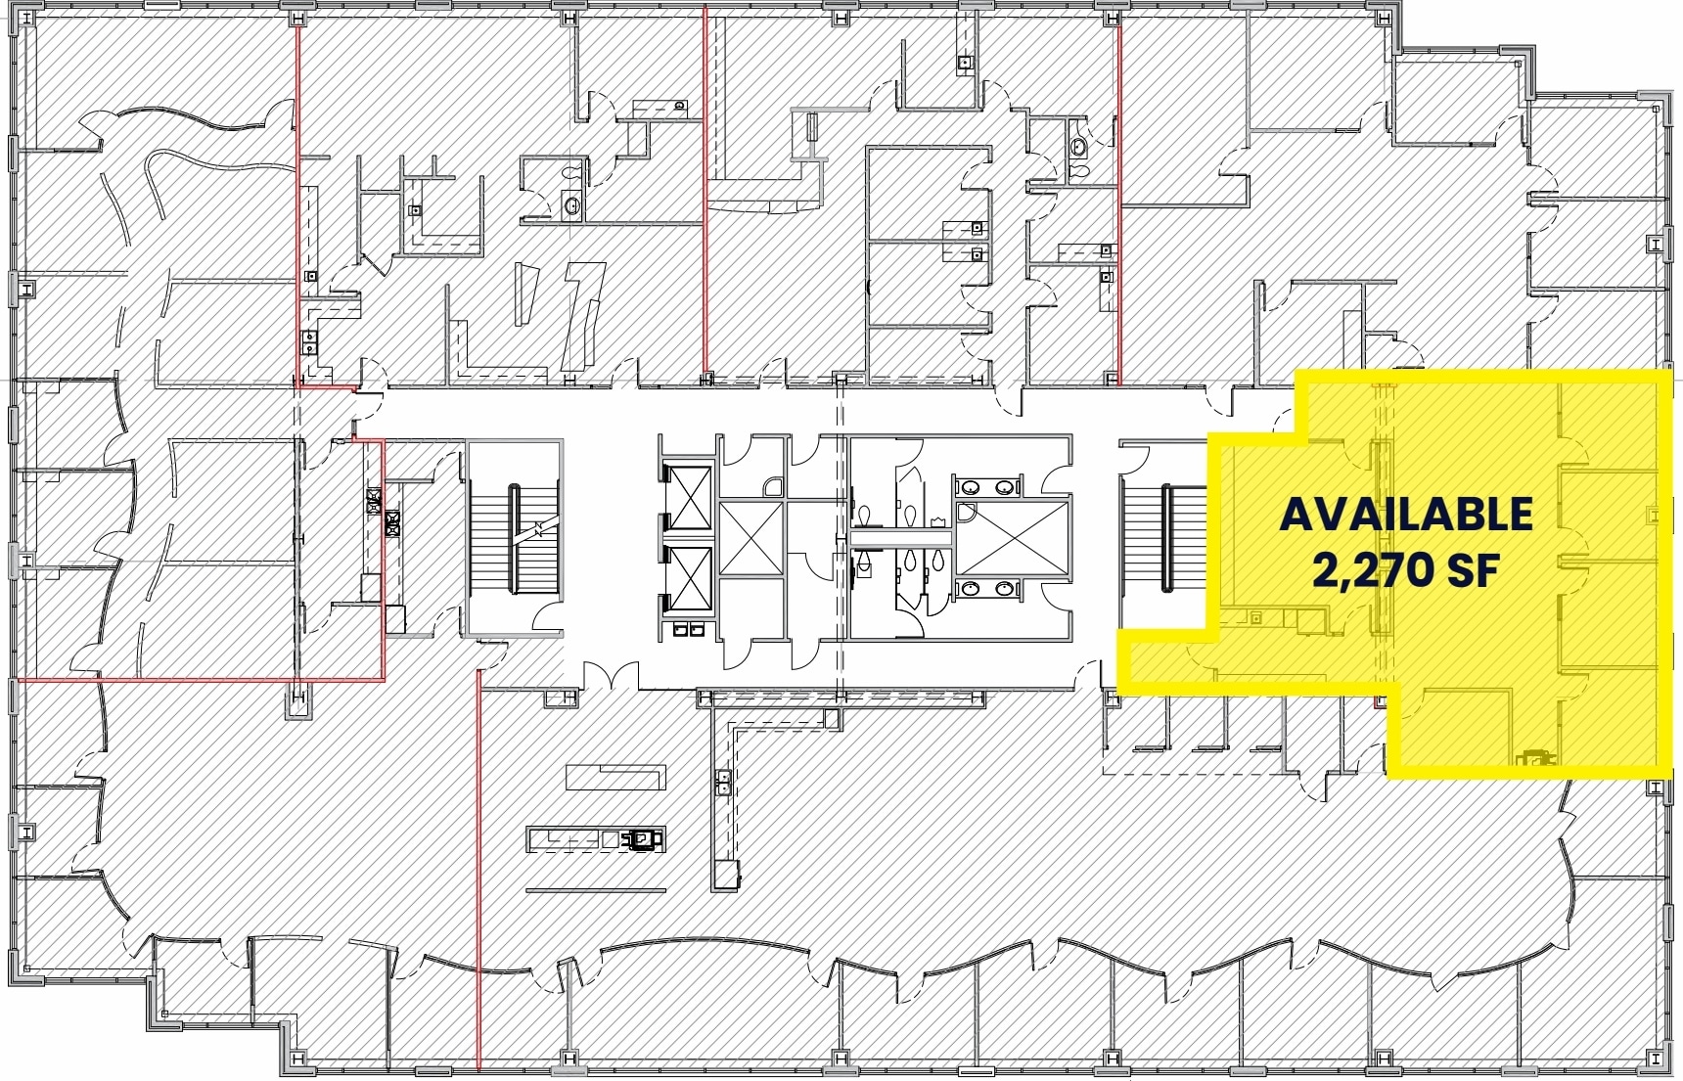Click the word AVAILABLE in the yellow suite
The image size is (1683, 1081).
point(1405,516)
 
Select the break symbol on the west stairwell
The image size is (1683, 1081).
point(537,529)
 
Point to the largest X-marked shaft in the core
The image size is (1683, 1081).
point(1011,538)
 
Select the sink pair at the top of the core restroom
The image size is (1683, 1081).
point(985,487)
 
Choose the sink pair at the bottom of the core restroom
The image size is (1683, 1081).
point(985,589)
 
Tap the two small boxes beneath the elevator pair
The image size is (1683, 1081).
point(687,629)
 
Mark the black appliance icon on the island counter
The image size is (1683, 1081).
point(643,839)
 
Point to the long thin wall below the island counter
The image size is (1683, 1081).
point(595,890)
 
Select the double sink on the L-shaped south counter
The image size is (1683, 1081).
point(723,782)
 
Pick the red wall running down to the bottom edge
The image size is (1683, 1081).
point(478,871)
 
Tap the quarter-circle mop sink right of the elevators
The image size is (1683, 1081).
point(773,487)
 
